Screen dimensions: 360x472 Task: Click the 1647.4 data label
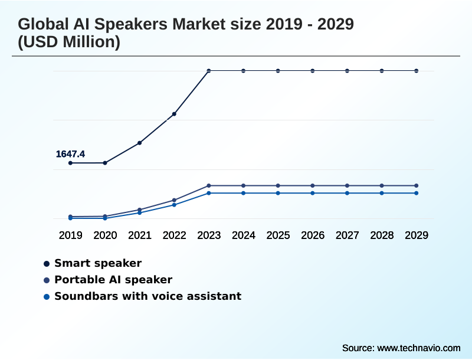[70, 154]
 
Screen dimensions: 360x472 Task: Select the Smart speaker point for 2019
[70, 163]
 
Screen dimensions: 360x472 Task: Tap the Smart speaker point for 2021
[140, 143]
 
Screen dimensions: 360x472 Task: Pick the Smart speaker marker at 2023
[209, 71]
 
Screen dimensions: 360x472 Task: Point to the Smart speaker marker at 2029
[417, 71]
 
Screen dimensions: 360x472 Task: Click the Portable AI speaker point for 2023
[209, 185]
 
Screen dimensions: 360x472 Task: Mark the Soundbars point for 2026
[313, 193]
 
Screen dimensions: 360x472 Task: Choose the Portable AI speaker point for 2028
[382, 185]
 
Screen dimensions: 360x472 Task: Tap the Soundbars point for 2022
[174, 205]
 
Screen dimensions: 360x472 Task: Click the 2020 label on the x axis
[105, 235]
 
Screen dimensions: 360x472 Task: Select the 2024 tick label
[244, 235]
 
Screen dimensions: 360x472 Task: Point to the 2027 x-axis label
[348, 235]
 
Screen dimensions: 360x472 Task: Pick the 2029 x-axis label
[417, 235]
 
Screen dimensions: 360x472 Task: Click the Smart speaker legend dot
[47, 263]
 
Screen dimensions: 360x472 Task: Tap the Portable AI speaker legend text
[113, 280]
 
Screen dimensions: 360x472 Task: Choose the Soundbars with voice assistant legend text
[147, 296]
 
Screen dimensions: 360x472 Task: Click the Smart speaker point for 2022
[174, 114]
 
